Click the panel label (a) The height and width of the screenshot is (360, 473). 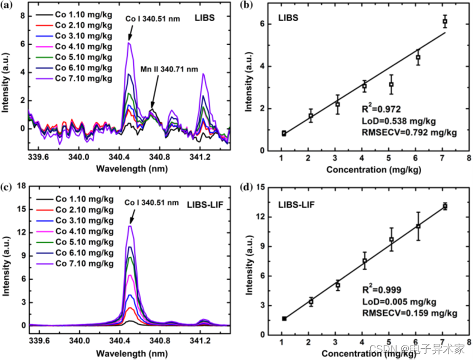[x=8, y=7]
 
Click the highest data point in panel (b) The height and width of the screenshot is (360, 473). [x=445, y=21]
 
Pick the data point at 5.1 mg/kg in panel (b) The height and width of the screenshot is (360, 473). [x=392, y=84]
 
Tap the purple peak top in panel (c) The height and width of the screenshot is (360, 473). [x=130, y=226]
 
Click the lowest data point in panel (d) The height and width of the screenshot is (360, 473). [x=284, y=318]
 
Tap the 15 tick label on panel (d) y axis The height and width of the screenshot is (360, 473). [x=260, y=187]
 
